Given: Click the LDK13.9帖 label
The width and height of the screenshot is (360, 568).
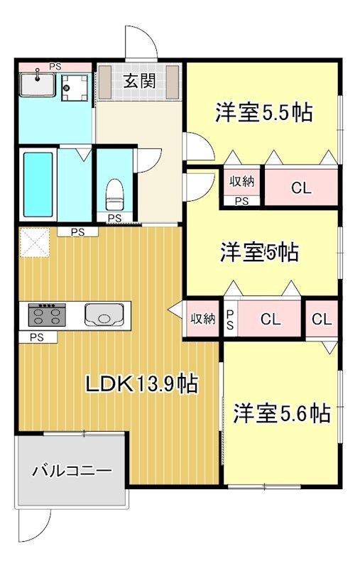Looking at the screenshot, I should pos(141,384).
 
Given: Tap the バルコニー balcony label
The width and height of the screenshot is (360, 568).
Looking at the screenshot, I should pos(72,470).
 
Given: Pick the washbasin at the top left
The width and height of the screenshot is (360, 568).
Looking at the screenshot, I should pos(37,85).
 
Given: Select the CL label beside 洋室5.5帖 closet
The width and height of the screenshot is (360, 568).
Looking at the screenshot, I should pos(301,188).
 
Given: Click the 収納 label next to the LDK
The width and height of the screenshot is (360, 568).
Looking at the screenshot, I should pos(202,319).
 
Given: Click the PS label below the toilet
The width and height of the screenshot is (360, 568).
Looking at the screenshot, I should pos(114,218).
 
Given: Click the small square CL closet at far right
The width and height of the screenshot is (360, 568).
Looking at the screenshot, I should pos(322,319).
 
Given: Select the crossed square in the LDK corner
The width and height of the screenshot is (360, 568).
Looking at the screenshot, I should pos(32,243).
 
